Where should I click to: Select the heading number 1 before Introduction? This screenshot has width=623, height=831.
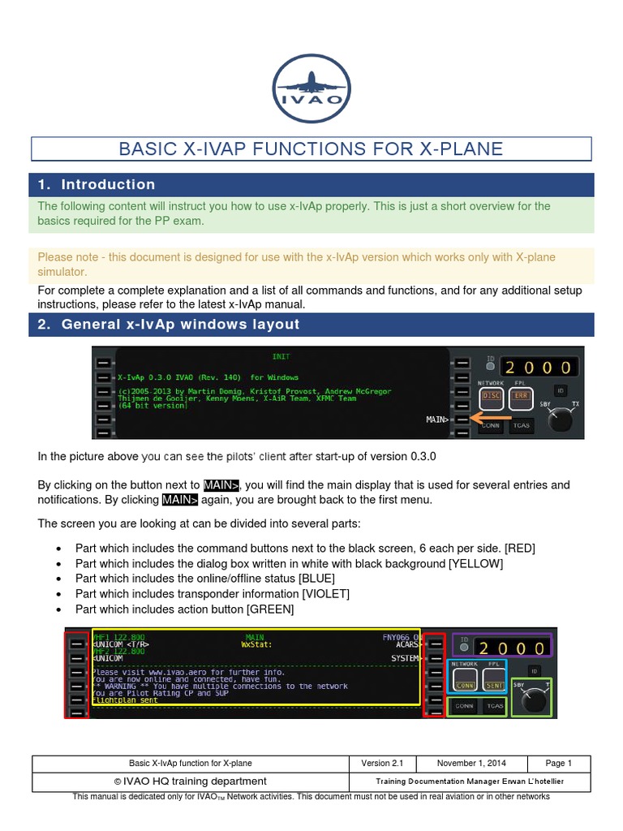pos(44,184)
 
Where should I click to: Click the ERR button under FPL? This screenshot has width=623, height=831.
pos(519,397)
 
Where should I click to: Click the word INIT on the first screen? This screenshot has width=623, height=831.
pos(281,356)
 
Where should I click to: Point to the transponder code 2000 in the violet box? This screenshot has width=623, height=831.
pos(511,648)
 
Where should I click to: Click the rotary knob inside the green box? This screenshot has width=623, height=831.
pos(532,704)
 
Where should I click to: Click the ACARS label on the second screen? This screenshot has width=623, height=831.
pos(407,646)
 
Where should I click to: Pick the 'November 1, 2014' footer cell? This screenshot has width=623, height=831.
pos(471,763)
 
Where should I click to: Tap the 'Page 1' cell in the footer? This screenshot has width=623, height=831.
pos(558,763)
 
